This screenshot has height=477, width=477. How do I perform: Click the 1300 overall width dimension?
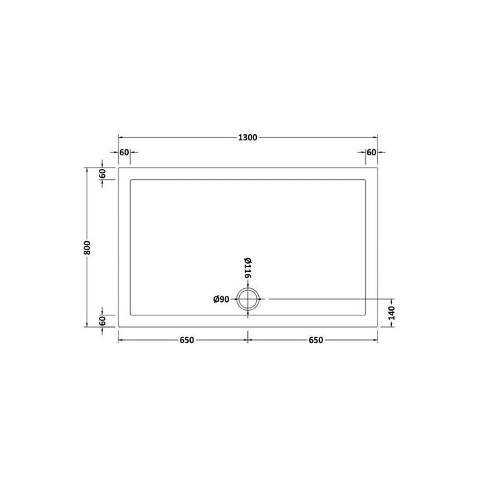pyautogui.click(x=248, y=137)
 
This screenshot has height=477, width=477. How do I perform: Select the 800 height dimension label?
pyautogui.click(x=87, y=248)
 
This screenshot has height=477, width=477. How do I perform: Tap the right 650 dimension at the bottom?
pyautogui.click(x=312, y=340)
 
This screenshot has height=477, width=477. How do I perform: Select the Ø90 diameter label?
pyautogui.click(x=222, y=299)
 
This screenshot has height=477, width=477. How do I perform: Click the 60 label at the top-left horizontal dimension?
pyautogui.click(x=124, y=152)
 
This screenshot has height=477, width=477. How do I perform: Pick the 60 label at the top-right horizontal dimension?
pyautogui.click(x=371, y=152)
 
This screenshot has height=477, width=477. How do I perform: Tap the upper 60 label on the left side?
pyautogui.click(x=102, y=173)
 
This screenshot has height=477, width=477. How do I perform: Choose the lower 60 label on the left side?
pyautogui.click(x=102, y=320)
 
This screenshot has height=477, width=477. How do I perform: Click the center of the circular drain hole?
pyautogui.click(x=247, y=299)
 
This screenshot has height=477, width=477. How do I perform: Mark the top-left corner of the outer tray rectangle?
pyautogui.click(x=119, y=168)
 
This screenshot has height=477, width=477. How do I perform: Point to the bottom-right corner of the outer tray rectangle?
pyautogui.click(x=378, y=327)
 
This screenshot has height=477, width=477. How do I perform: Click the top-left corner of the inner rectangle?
pyautogui.click(x=130, y=179)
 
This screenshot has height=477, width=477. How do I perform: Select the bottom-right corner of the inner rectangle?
pyautogui.click(x=366, y=316)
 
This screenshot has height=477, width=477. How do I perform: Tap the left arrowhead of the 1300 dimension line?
pyautogui.click(x=121, y=137)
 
